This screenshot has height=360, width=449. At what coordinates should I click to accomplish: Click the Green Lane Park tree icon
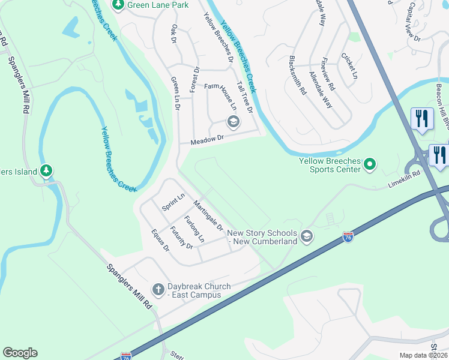tap(118, 5)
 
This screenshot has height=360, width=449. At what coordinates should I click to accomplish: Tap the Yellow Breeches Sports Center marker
tap(370, 163)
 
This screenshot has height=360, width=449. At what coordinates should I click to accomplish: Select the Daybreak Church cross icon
tap(158, 290)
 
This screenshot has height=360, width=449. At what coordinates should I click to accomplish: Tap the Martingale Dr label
tap(208, 217)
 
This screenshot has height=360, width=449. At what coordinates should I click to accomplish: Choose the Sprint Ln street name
tap(173, 202)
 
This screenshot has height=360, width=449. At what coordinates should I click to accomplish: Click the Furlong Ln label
tap(194, 229)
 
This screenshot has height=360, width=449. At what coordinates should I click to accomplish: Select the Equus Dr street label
tap(161, 239)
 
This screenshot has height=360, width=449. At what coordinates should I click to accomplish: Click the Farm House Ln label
tap(221, 95)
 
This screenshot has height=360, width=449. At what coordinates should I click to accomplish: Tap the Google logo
tap(20, 353)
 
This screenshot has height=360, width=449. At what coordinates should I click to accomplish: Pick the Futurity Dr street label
tap(181, 238)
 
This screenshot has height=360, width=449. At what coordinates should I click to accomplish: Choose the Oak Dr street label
tap(175, 34)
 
